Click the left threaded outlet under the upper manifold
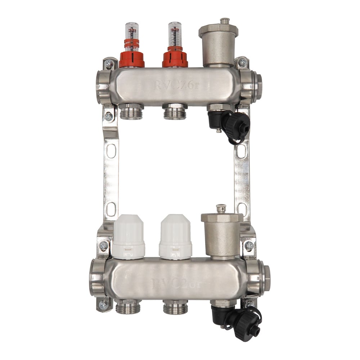[x=131, y=112]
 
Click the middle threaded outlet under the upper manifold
[x=175, y=112]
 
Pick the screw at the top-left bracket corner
[x=109, y=64]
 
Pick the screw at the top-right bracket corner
[x=242, y=62]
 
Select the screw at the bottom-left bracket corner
[x=103, y=305]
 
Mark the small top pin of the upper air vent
[x=225, y=21]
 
